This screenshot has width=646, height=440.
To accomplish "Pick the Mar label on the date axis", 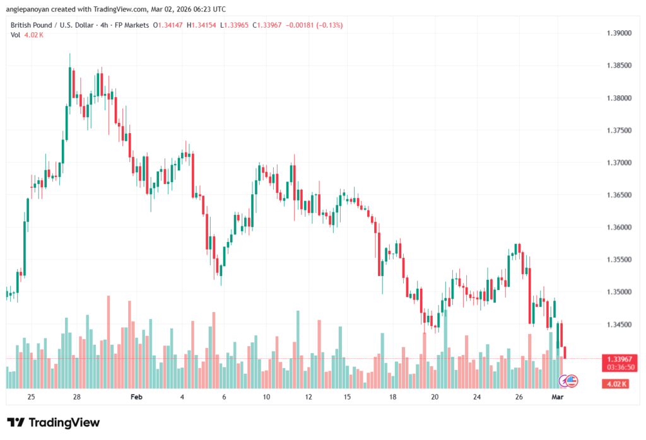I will pyautogui.click(x=557, y=397).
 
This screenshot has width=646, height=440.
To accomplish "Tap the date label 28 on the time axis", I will pyautogui.click(x=76, y=397).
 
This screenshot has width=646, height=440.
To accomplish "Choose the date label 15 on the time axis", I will pyautogui.click(x=346, y=397).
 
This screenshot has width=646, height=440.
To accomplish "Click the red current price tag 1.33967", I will pyautogui.click(x=619, y=358).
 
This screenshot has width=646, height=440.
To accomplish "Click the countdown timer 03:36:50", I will pyautogui.click(x=619, y=366).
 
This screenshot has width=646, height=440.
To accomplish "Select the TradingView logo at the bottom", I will pyautogui.click(x=54, y=422).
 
